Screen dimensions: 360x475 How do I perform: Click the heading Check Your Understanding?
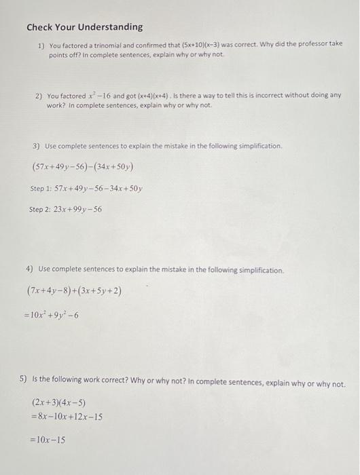coord(84,27)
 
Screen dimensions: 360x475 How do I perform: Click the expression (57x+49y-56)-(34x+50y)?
coord(82,166)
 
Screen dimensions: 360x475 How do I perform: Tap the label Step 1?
coord(41,188)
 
